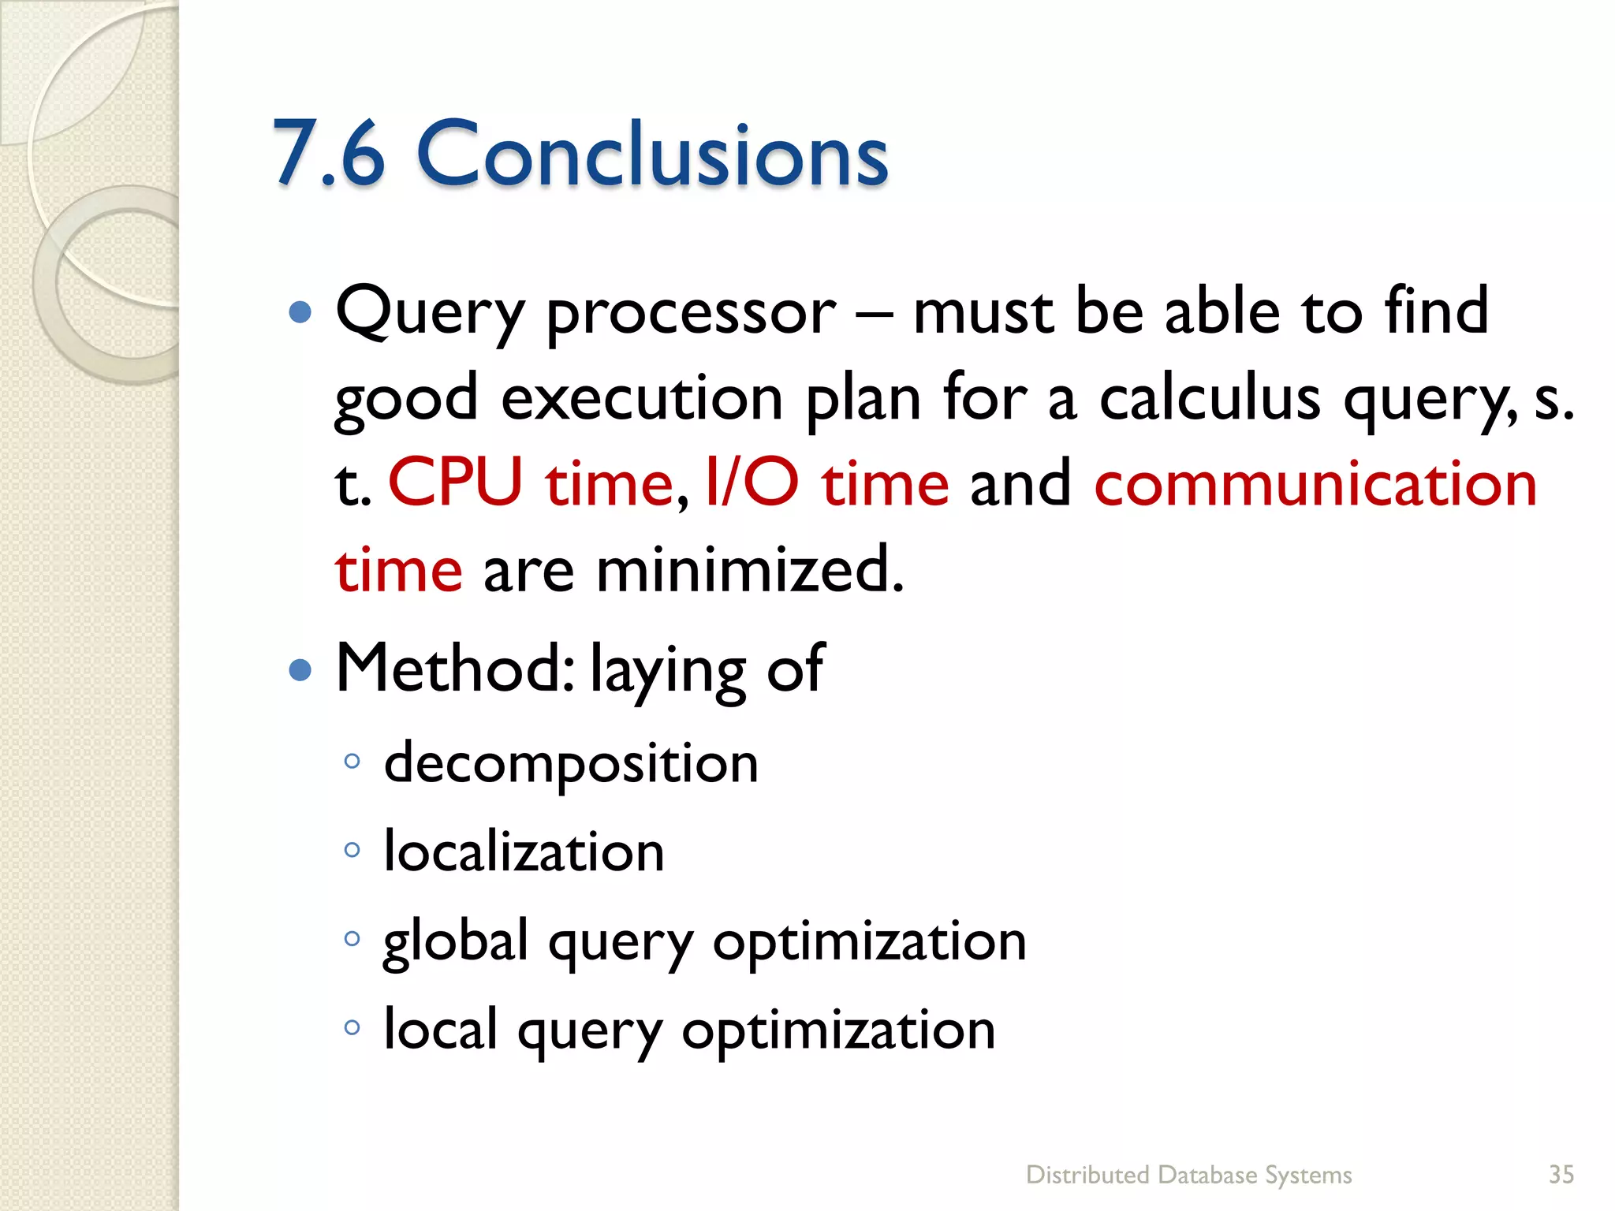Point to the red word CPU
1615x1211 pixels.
click(x=456, y=483)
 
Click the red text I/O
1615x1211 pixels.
click(x=752, y=483)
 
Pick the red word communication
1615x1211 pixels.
click(x=1315, y=483)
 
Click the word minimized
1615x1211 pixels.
click(x=749, y=569)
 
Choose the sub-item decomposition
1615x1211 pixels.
click(x=571, y=763)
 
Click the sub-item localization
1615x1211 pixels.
click(x=524, y=852)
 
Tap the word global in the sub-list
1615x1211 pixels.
click(x=455, y=941)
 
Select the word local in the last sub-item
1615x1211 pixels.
click(x=440, y=1030)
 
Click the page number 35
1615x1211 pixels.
click(x=1561, y=1175)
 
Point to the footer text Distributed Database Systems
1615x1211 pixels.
click(x=1188, y=1175)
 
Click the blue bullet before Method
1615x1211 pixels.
click(x=300, y=671)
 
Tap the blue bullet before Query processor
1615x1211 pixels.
click(x=300, y=313)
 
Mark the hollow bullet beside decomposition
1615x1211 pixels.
click(x=352, y=762)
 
